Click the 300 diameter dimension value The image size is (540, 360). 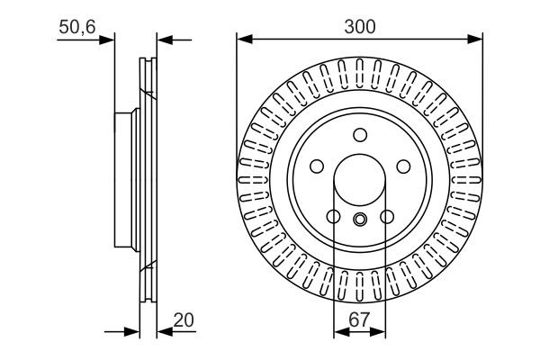359,27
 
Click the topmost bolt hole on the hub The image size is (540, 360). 360,136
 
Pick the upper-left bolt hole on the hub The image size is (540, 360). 317,167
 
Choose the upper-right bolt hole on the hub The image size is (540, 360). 403,167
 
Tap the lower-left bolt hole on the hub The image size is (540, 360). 333,217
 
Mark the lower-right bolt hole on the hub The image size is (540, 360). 387,217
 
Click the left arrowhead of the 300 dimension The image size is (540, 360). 242,39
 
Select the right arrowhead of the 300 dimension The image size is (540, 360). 478,39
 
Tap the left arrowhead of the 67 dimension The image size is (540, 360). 339,332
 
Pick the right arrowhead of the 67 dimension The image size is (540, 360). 381,332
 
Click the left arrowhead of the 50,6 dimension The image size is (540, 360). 109,39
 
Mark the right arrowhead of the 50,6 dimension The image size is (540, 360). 163,39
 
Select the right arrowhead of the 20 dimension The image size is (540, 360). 163,332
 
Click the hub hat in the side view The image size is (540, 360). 125,180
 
